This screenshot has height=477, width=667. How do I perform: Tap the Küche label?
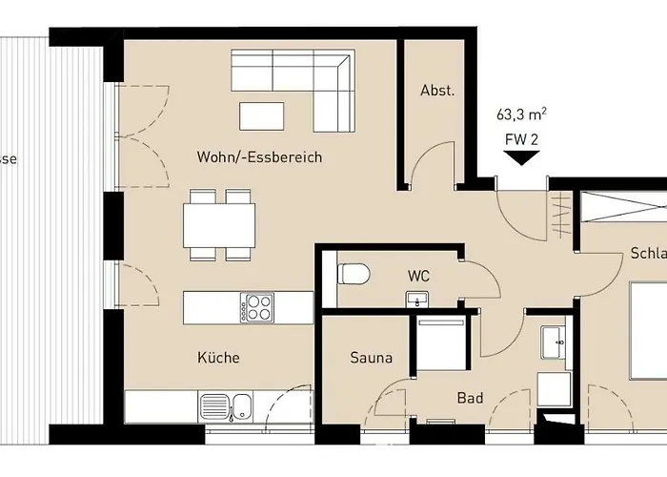219,359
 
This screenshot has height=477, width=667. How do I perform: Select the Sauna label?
370,359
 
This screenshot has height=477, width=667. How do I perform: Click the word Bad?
469,398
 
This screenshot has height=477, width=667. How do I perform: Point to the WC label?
418,276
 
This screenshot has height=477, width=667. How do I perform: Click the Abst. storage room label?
437,91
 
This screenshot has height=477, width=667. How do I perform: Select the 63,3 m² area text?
521,115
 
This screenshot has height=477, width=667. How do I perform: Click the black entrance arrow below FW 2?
520,157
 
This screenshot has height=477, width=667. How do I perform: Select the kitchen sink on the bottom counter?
226,407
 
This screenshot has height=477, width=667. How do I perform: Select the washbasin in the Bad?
552,340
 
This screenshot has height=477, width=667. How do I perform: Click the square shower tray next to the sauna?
439,343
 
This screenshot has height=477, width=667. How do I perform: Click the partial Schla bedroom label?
647,254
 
